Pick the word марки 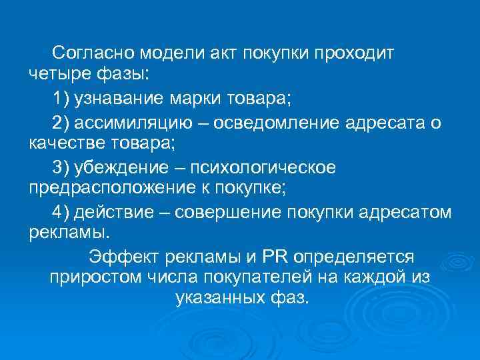coord(195,99)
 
